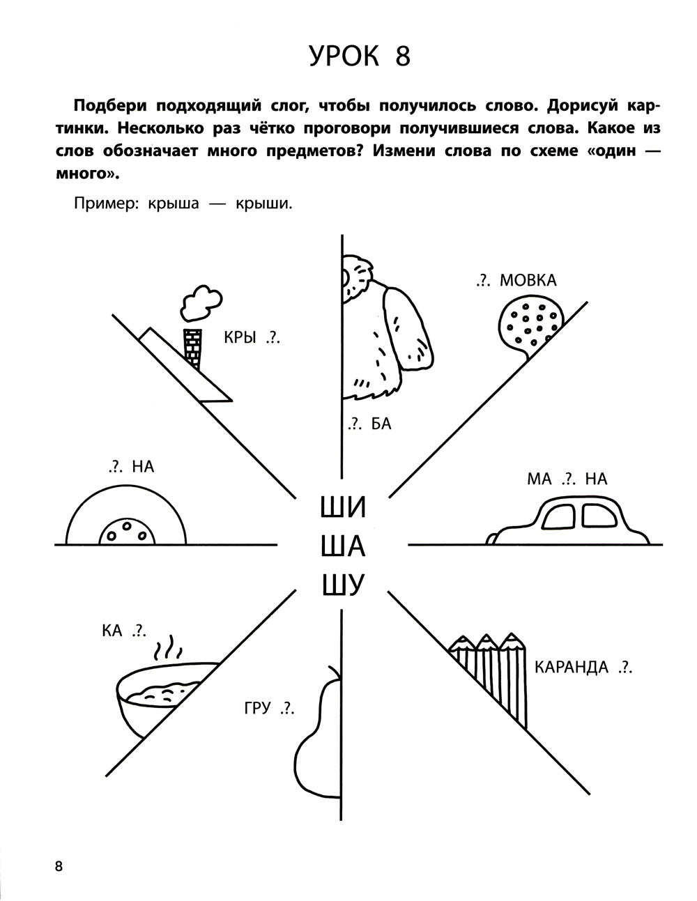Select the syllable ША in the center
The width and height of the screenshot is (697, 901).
(x=342, y=546)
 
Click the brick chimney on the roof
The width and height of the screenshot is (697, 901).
(x=192, y=348)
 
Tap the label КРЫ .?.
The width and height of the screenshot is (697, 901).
(x=251, y=339)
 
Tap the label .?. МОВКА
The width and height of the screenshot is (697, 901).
(x=516, y=280)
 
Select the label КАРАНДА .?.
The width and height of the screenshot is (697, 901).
(x=583, y=668)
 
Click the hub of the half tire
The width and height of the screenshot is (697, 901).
(x=126, y=533)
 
